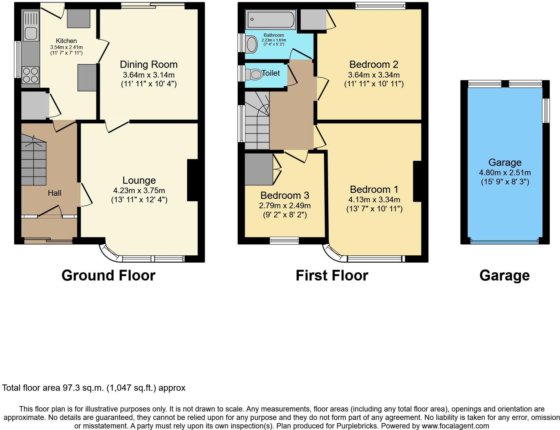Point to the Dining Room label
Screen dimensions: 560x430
point(149,64)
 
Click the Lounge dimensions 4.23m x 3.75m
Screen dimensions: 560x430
point(139,190)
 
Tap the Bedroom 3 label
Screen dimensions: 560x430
point(285,195)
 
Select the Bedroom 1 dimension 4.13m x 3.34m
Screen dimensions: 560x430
point(374,199)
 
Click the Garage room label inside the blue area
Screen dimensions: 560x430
point(505,162)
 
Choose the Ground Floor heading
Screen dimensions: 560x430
point(108,275)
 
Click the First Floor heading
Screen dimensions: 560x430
point(332,275)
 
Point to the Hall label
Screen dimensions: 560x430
point(55,193)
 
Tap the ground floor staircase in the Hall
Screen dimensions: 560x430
point(34,160)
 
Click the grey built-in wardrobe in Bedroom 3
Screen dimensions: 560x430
point(258,169)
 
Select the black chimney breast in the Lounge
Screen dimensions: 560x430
point(192,180)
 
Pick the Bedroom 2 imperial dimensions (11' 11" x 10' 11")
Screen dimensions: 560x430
point(374,84)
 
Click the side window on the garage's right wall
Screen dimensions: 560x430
point(547,111)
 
